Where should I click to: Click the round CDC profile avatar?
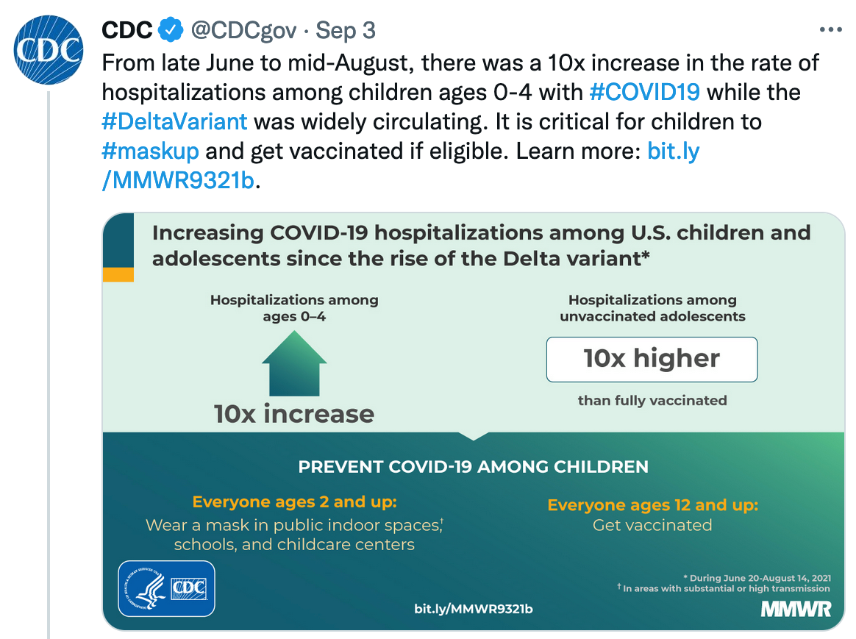tap(49, 50)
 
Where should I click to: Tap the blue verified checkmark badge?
tap(171, 30)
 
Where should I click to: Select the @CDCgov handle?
tap(243, 31)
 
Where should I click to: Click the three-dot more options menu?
tap(830, 29)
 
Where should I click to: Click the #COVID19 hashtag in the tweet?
tap(645, 92)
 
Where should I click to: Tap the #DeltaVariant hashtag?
tap(175, 121)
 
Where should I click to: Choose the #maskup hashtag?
tap(151, 151)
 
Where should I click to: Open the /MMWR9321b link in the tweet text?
tap(178, 181)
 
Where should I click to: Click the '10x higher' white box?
tap(652, 360)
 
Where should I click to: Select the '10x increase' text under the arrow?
tap(294, 414)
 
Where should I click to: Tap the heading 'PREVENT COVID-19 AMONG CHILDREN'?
tap(474, 467)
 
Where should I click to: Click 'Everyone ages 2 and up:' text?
tap(294, 502)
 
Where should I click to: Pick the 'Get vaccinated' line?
tap(652, 525)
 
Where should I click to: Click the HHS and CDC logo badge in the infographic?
tap(166, 589)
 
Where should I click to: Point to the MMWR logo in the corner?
tap(796, 609)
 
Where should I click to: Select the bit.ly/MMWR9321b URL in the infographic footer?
tap(474, 609)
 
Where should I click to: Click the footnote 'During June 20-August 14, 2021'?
tap(757, 578)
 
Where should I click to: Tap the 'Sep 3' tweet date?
tap(346, 31)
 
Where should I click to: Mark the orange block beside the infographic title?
tap(118, 274)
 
